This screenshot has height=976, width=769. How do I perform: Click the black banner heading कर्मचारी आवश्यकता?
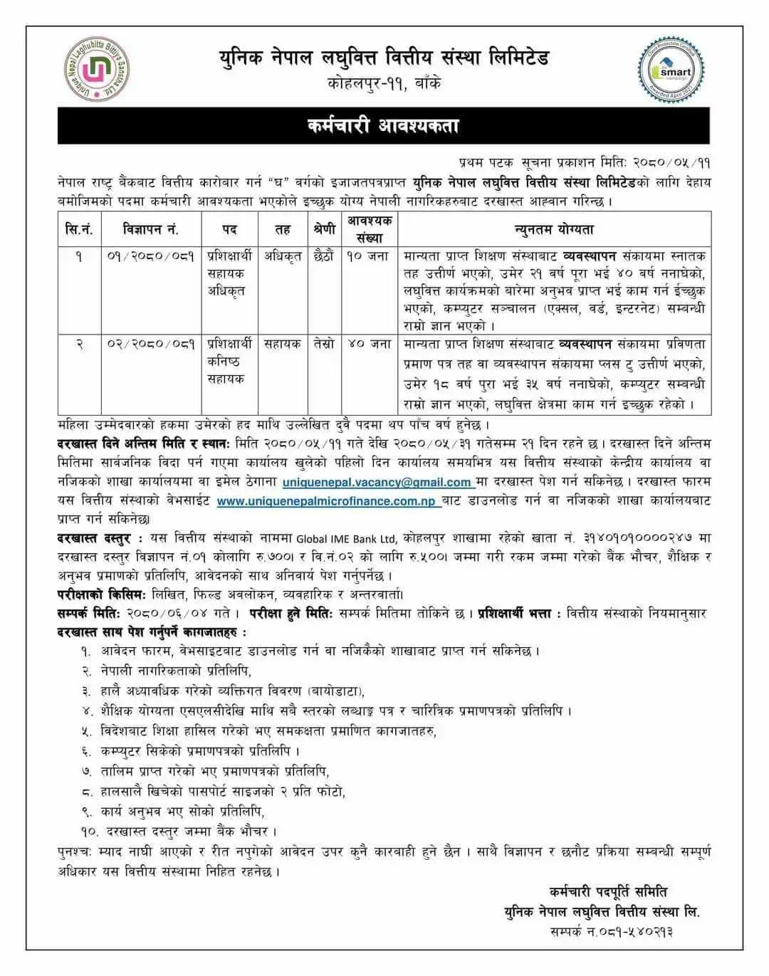[x=384, y=126]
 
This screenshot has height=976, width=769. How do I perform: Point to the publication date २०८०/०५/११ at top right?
[x=668, y=163]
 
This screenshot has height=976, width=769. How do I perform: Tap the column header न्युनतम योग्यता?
[x=554, y=229]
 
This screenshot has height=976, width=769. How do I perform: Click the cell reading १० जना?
[x=367, y=256]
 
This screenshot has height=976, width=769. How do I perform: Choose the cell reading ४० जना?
[x=369, y=344]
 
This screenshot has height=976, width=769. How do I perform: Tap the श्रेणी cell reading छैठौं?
[x=323, y=256]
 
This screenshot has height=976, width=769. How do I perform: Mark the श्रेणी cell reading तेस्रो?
[x=323, y=344]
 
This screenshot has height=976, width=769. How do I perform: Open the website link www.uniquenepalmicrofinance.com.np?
[x=327, y=501]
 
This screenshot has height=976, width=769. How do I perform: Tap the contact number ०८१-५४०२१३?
[x=636, y=931]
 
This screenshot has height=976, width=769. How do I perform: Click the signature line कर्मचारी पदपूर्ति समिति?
[x=608, y=891]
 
